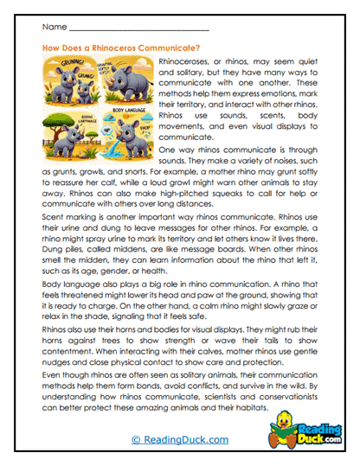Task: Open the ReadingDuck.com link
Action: (179, 439)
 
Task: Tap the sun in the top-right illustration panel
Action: (141, 63)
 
